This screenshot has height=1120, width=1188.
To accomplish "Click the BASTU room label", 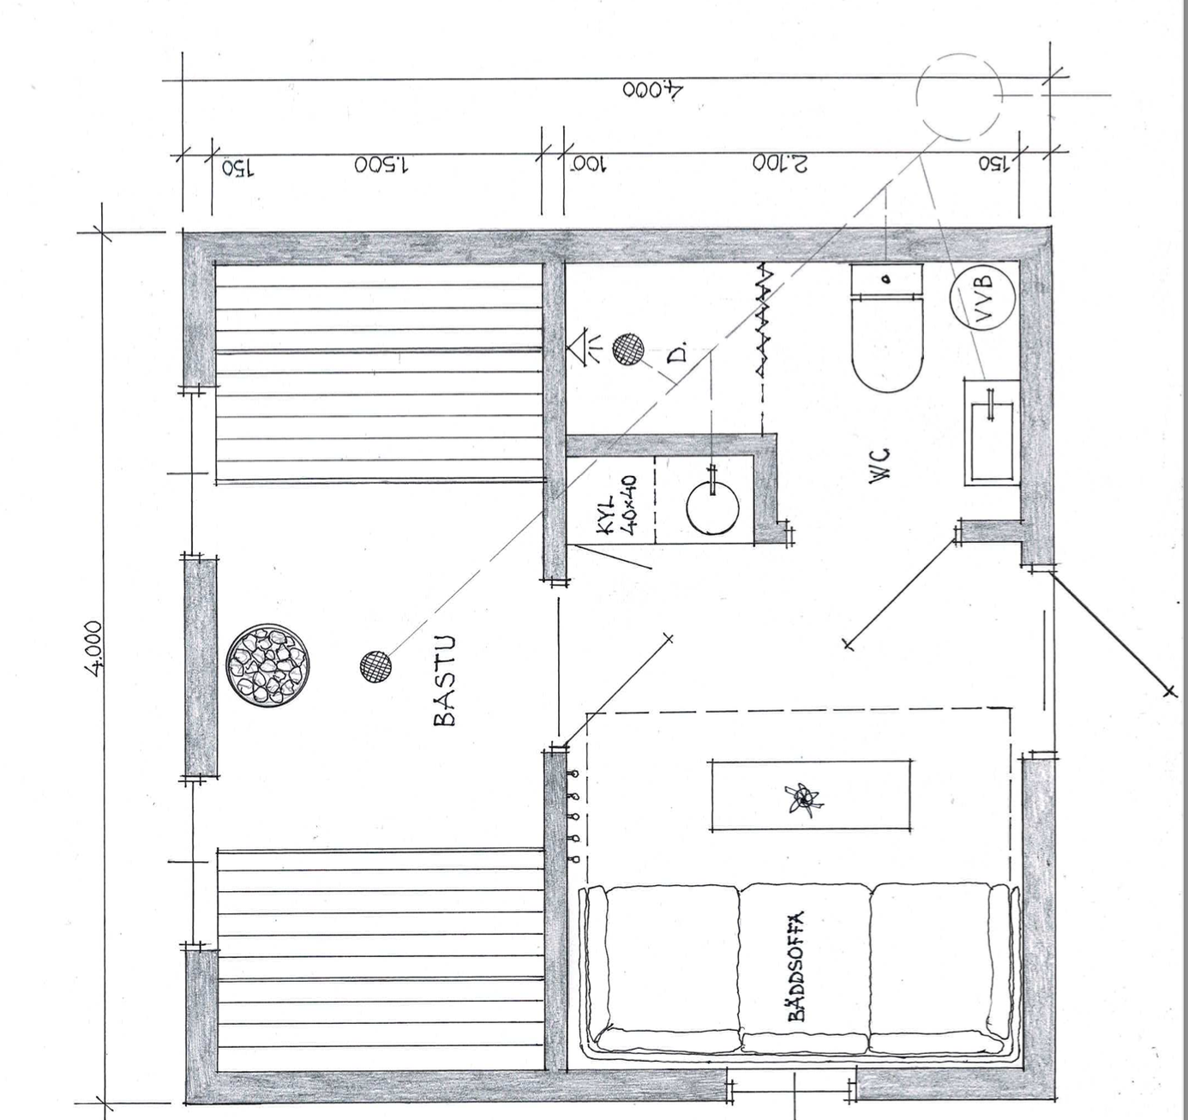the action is (445, 681).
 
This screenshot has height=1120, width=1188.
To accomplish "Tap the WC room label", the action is (881, 463).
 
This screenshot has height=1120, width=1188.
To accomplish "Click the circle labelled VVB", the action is (982, 298).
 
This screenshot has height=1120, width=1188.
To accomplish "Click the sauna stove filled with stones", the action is (268, 666).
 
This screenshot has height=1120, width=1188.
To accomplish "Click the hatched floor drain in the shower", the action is (628, 349).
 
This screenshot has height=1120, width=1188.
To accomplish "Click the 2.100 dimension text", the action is (780, 163).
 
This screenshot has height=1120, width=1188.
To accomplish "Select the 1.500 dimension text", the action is (381, 165).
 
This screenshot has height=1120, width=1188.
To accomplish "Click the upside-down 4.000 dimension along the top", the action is (652, 89).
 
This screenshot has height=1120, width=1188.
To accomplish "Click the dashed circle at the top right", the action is (959, 96).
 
